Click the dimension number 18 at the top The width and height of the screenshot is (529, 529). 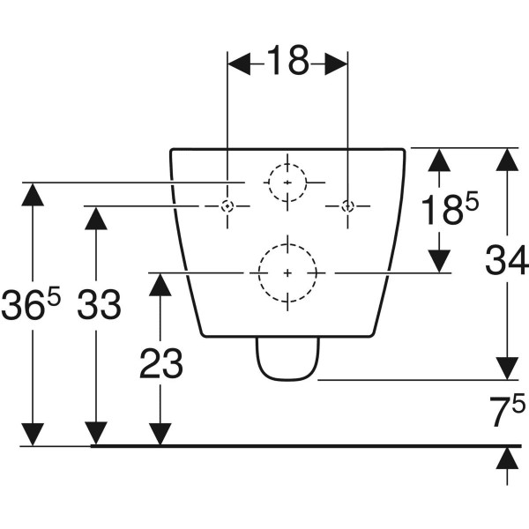[x=287, y=60]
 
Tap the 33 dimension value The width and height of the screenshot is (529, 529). [x=99, y=305]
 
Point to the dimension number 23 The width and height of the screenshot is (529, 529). [x=161, y=363]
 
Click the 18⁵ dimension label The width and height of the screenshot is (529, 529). [x=450, y=209]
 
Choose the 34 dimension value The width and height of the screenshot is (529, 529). [x=506, y=259]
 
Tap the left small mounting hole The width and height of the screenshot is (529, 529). [x=227, y=205]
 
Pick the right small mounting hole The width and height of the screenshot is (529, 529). [x=348, y=205]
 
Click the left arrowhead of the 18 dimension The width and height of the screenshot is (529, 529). [x=239, y=63]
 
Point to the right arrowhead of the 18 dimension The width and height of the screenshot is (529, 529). [x=336, y=63]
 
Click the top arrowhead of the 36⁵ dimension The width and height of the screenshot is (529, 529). [x=33, y=194]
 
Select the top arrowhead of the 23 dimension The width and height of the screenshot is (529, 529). [x=160, y=285]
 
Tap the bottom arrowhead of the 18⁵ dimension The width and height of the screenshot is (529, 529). [x=439, y=261]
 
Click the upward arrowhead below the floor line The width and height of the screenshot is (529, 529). [x=507, y=458]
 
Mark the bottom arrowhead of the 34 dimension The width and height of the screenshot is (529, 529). [x=507, y=369]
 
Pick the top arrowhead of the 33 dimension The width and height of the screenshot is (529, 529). [x=96, y=218]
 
